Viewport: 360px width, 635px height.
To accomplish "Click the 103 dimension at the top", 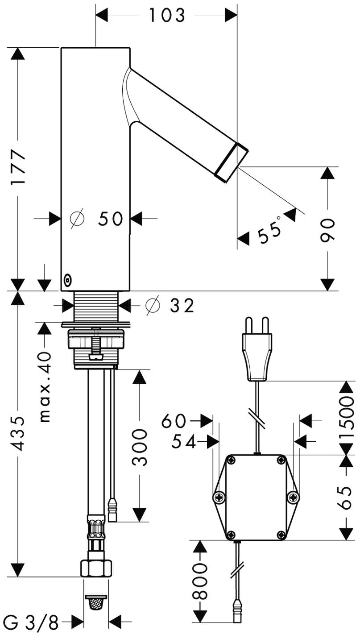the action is point(167,15).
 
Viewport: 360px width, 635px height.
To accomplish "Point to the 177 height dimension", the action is point(18,167).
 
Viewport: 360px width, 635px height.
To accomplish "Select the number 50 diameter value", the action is point(111,219).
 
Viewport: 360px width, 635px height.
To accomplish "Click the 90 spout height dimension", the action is point(328,230).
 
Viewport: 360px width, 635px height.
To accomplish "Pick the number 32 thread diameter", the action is point(182,306).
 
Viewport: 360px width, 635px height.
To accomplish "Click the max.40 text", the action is point(45,387).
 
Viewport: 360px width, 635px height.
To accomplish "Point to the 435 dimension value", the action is point(18,433).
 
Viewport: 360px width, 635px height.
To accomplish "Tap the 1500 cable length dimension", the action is point(347,417).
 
